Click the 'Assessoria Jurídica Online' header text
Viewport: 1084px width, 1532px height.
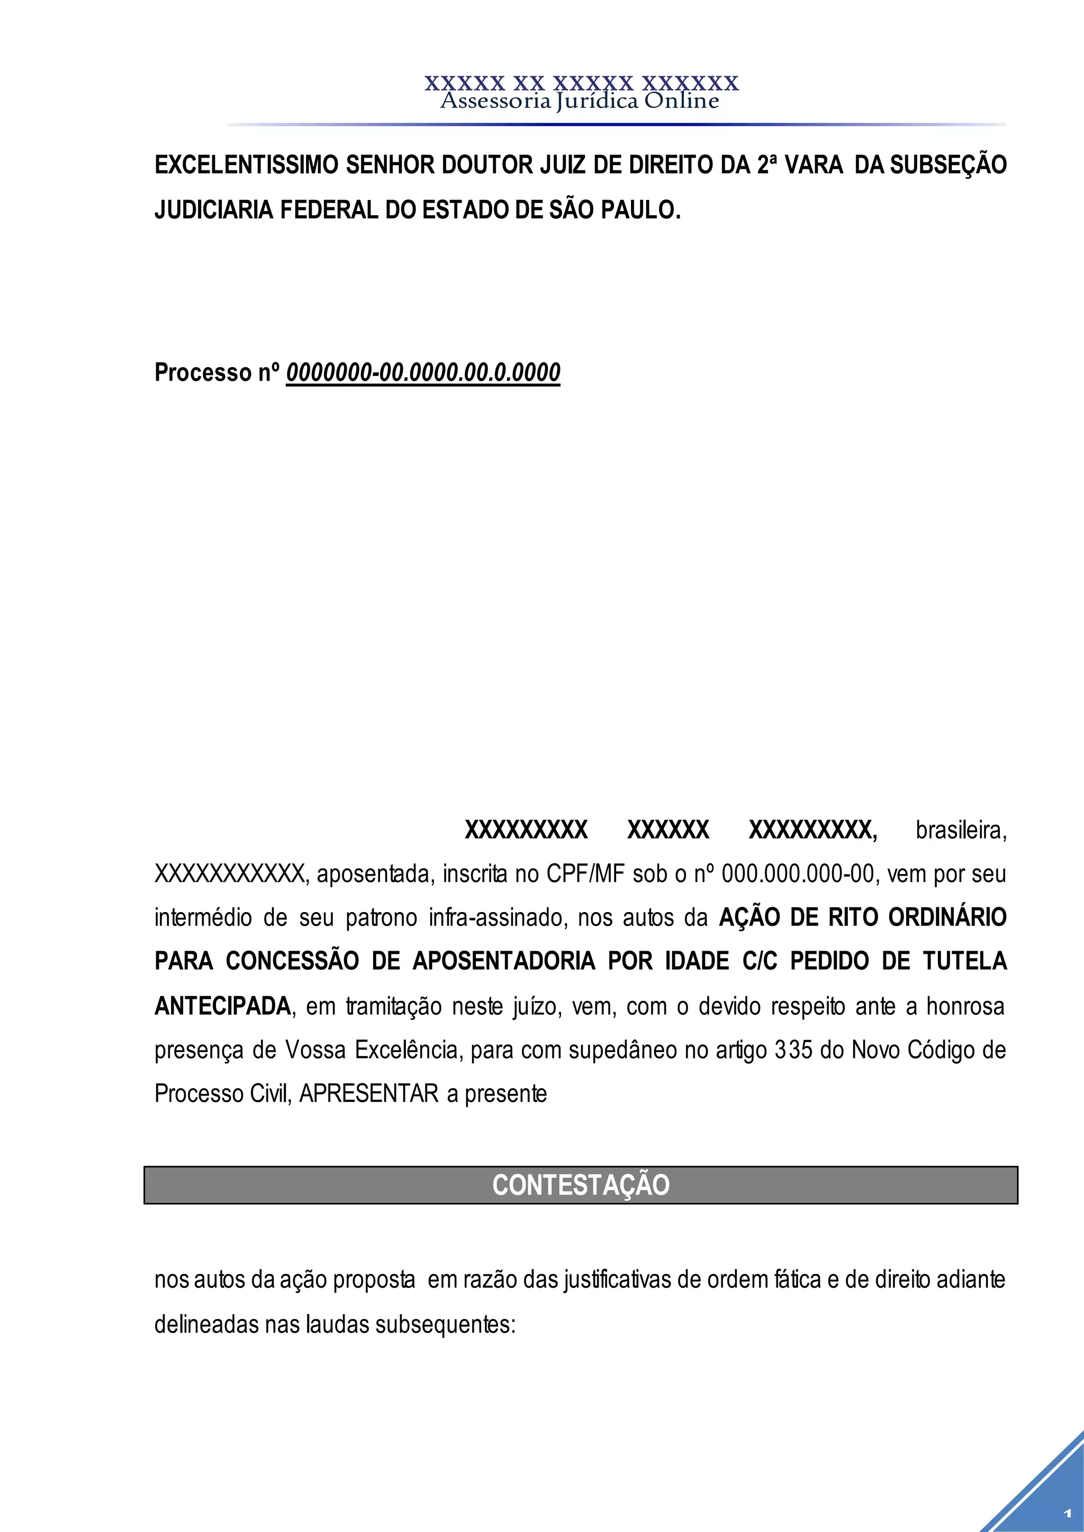pos(580,102)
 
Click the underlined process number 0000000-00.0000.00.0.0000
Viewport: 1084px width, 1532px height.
pos(423,372)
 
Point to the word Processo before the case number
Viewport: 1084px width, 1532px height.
pos(203,372)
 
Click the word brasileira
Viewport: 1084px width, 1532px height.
pos(960,831)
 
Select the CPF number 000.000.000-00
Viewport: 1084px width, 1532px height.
pos(798,874)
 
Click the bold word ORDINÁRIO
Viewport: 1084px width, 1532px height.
pos(946,918)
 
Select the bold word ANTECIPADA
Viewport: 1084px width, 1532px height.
pos(222,1006)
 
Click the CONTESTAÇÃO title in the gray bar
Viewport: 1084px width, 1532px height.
pos(581,1185)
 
